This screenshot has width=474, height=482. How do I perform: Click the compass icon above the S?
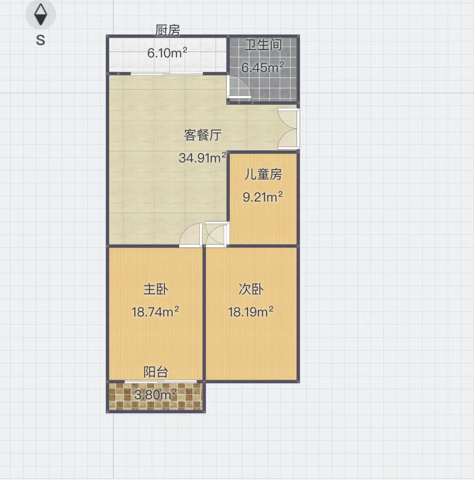[40, 14]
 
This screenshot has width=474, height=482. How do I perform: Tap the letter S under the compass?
[40, 40]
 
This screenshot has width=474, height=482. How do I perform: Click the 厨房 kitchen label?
[167, 30]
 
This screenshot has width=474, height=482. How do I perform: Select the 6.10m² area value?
[167, 53]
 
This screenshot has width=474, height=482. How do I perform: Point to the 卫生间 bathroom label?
[263, 45]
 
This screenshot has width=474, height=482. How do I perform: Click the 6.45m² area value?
[262, 67]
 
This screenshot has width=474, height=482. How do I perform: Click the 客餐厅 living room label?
[203, 135]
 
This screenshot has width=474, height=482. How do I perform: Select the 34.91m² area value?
[202, 158]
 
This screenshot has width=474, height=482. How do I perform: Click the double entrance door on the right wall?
[288, 129]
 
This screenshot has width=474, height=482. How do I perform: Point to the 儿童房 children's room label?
[263, 174]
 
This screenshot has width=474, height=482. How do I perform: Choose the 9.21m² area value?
[263, 197]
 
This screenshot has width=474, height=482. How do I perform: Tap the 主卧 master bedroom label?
[156, 289]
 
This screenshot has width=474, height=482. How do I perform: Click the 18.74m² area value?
[155, 312]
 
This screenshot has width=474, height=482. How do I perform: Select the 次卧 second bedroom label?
[251, 289]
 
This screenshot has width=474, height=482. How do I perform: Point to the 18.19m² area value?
[251, 312]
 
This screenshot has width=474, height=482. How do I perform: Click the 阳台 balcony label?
[156, 372]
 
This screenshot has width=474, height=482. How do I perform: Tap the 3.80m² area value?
[155, 394]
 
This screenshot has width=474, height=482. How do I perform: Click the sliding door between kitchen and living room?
[167, 74]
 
